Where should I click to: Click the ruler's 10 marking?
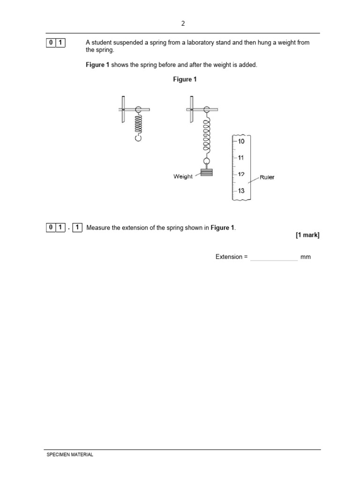(241, 141)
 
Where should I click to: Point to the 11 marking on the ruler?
(241, 158)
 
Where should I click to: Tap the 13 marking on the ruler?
(241, 191)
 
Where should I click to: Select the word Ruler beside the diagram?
(267, 177)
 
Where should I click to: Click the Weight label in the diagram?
(183, 177)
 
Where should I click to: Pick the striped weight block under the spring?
(206, 172)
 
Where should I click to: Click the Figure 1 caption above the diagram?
(185, 79)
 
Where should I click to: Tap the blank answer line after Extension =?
(274, 257)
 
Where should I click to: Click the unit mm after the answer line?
(306, 257)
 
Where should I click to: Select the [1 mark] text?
(307, 235)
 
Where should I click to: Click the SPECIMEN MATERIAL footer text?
(70, 455)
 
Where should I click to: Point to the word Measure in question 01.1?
(98, 228)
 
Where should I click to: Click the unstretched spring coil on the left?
(138, 124)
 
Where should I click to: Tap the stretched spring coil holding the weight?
(206, 136)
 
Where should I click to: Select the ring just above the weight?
(206, 161)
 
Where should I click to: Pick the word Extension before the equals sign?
(229, 257)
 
